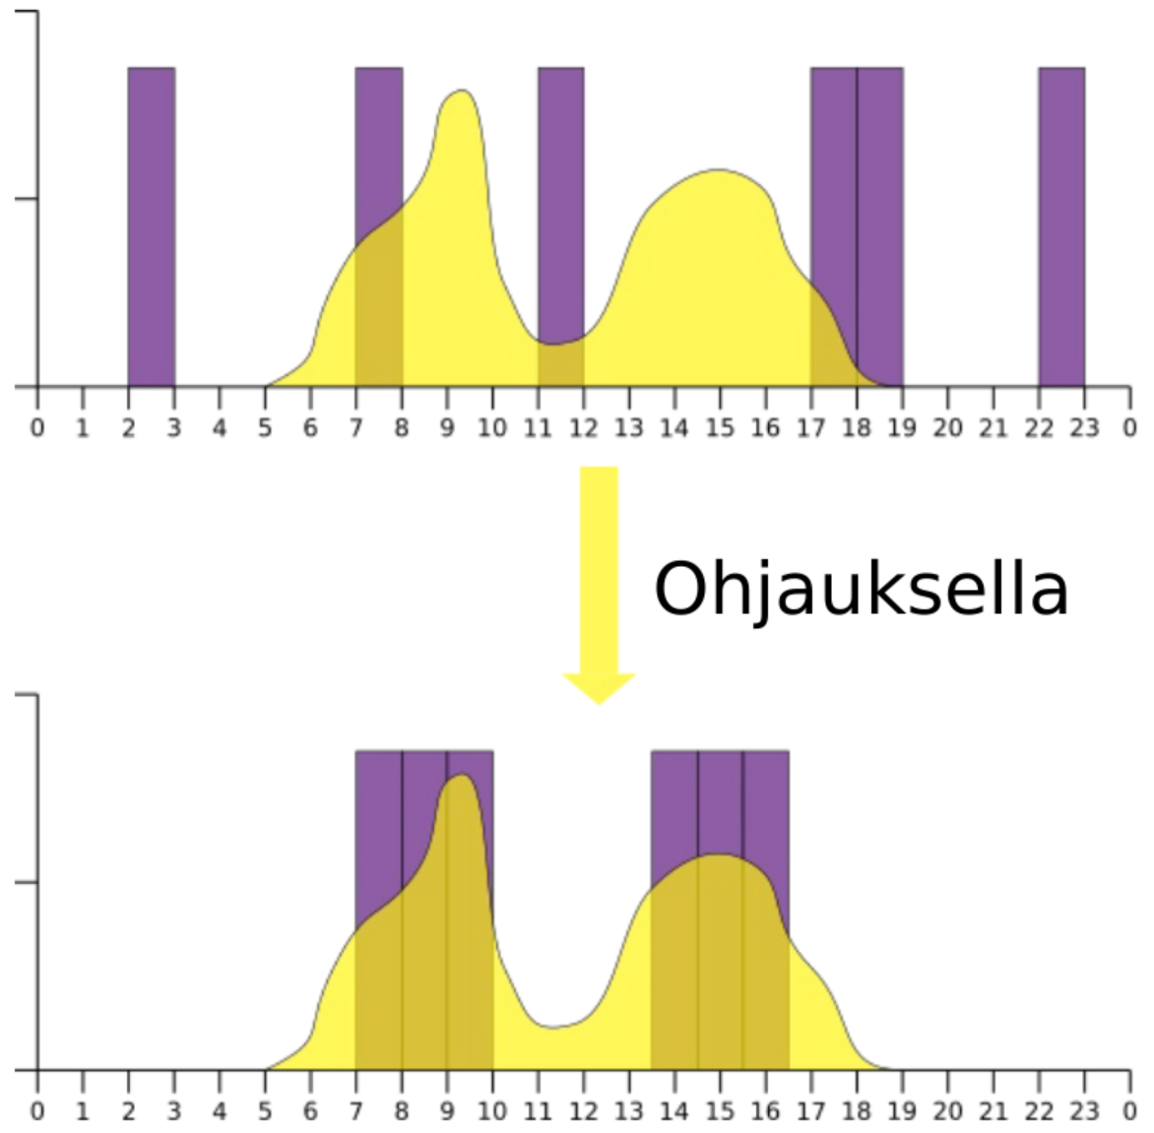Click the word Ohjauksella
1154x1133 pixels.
pos(861,590)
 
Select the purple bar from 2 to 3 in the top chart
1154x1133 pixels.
pos(152,226)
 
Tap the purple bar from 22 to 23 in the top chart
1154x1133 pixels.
pos(1061,226)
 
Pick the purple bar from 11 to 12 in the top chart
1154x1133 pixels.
pos(560,197)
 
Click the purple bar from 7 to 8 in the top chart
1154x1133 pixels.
pos(379,148)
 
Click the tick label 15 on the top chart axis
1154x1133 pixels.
pos(720,427)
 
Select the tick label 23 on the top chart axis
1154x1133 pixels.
pos(1084,427)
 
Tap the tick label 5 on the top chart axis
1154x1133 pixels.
pos(265,427)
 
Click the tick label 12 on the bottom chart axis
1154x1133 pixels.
pos(583,1111)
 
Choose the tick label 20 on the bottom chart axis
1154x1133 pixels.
pos(947,1111)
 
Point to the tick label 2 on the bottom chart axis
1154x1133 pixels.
pos(129,1111)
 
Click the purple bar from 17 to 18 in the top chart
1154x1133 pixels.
pos(834,177)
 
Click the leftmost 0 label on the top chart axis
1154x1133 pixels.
pos(37,427)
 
